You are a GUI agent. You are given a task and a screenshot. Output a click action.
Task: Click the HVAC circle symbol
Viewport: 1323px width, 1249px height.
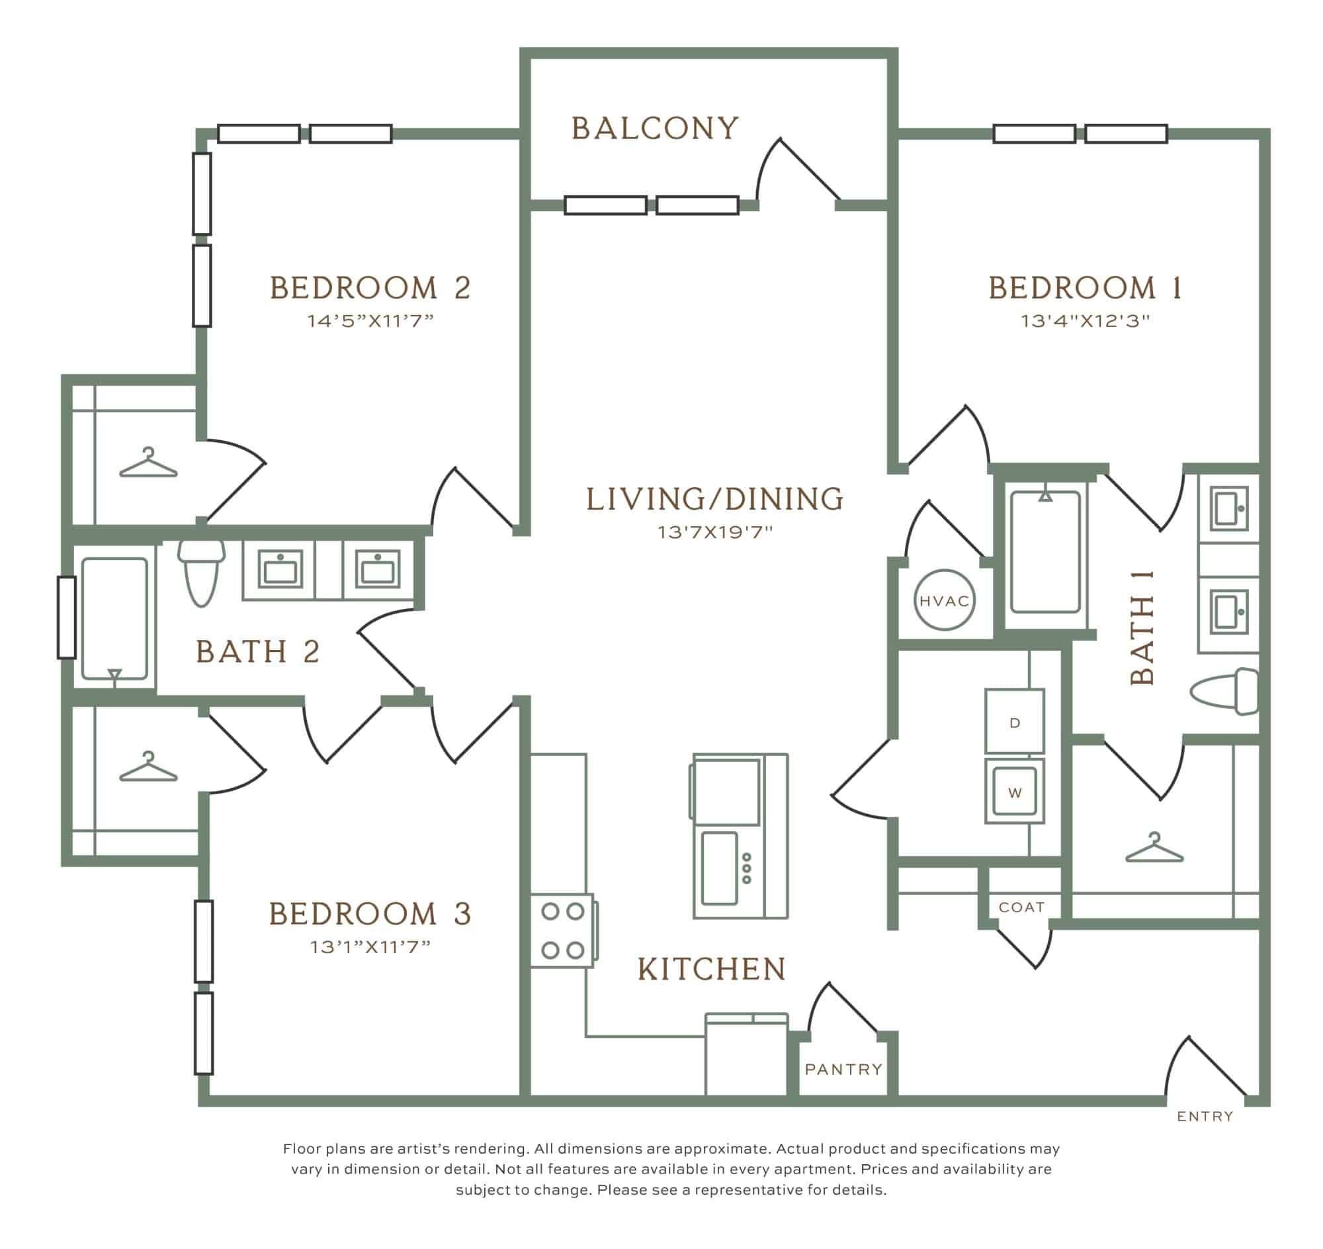944,600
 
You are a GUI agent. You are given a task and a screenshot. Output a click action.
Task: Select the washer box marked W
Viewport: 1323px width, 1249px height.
1014,791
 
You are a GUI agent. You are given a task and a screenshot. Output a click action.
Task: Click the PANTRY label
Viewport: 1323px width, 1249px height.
843,1070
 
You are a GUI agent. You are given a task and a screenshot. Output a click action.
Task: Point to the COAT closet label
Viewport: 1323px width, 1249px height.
1021,907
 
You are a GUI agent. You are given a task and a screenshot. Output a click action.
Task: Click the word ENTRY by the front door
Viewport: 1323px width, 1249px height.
1205,1117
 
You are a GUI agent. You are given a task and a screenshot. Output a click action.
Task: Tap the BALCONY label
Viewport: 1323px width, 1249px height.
656,128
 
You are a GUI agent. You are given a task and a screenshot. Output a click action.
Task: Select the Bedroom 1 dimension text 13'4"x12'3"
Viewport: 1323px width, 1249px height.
1086,321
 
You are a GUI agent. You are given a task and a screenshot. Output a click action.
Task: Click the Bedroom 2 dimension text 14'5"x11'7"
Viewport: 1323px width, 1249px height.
370,321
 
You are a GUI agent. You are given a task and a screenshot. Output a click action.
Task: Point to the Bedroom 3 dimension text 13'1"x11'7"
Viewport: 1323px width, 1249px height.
370,947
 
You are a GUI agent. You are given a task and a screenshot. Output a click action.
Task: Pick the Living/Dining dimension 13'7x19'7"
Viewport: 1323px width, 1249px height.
715,533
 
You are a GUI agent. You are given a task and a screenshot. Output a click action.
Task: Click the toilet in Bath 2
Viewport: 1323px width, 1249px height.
202,573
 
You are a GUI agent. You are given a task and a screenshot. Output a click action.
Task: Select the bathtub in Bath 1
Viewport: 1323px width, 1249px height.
1045,552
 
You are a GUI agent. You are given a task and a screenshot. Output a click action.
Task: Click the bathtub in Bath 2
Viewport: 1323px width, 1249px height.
114,618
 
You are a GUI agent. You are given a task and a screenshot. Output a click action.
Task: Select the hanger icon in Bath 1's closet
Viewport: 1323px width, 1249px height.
1154,847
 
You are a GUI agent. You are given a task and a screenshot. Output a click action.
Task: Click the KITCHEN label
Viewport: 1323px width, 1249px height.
712,970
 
